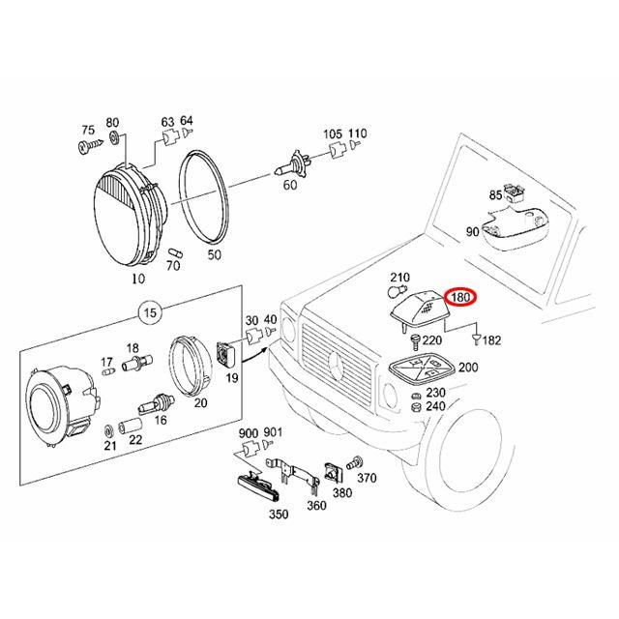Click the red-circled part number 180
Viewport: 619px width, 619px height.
460,298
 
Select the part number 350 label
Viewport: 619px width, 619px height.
278,515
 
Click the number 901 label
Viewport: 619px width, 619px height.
273,432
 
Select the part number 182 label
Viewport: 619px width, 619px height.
491,339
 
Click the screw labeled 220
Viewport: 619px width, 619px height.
415,339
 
